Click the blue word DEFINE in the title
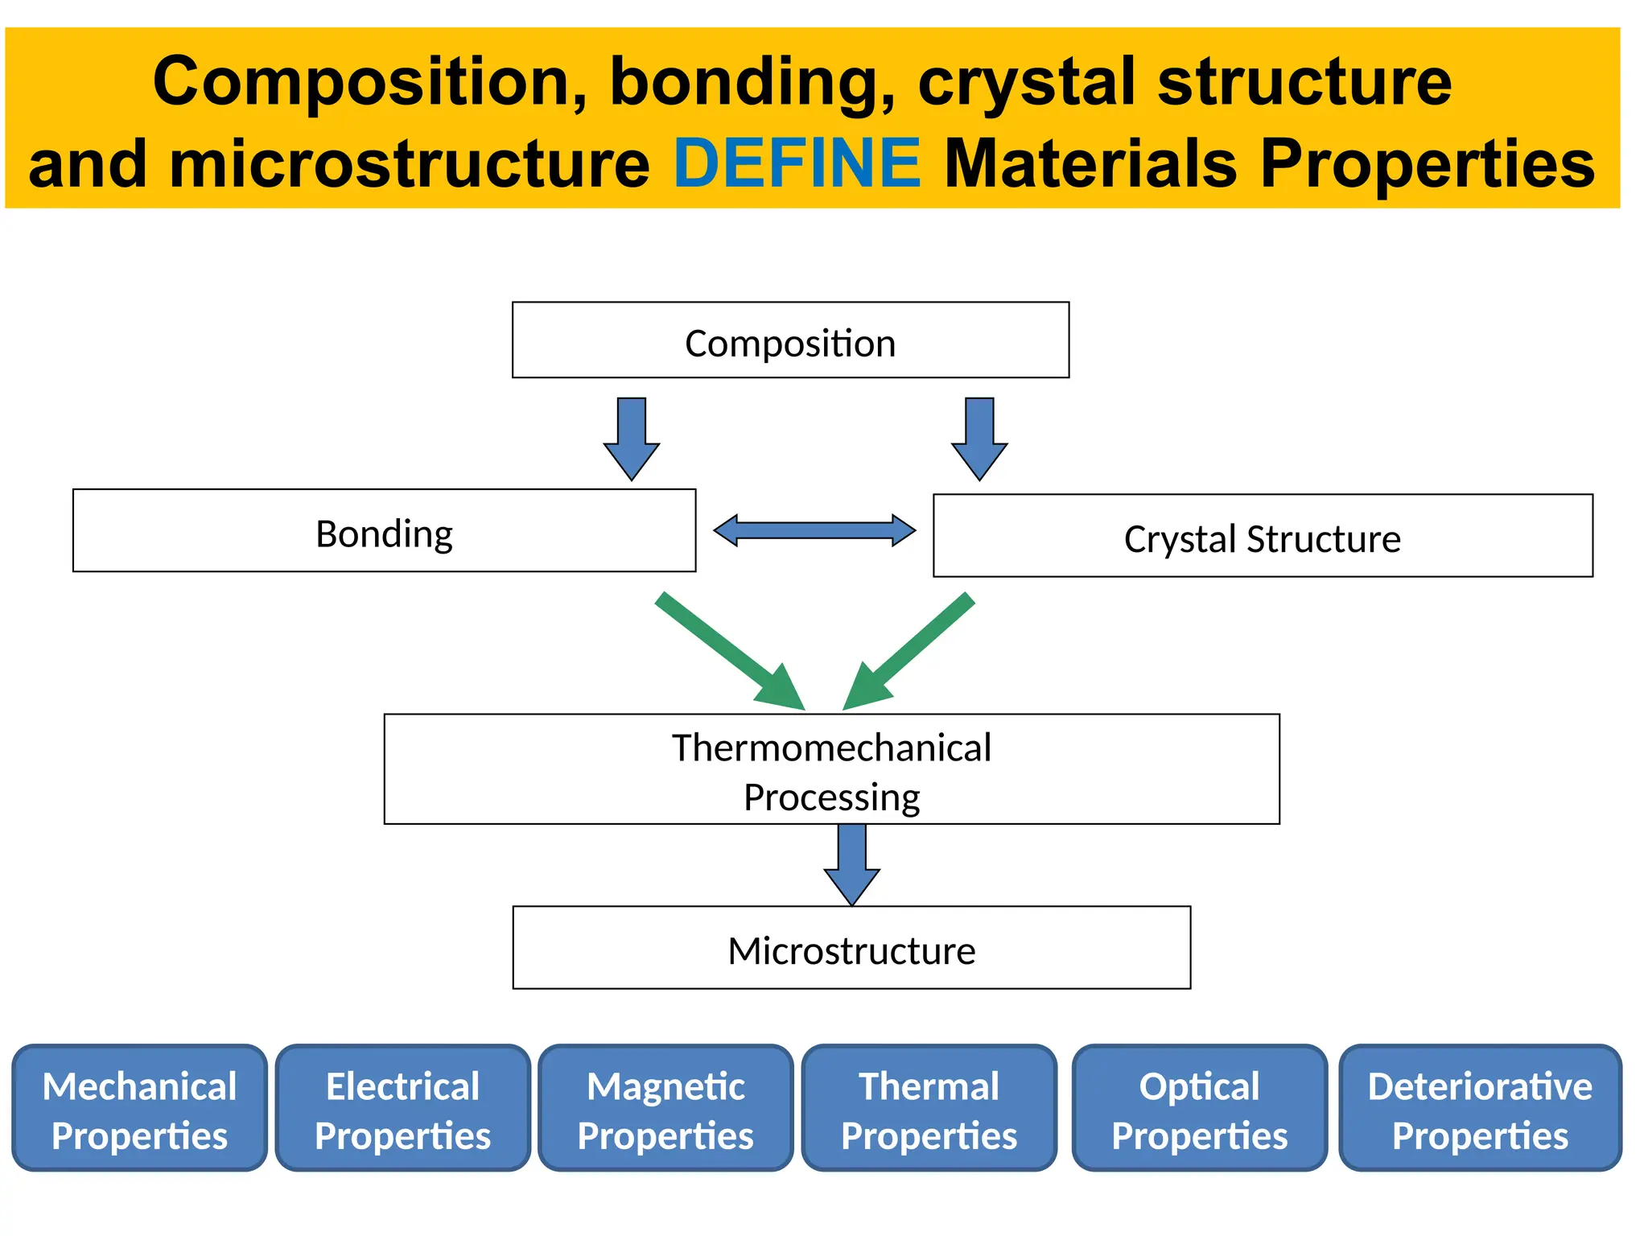tap(797, 163)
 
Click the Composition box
tap(790, 340)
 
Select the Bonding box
tap(384, 531)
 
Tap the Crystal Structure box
tap(1262, 536)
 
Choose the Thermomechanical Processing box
tap(831, 769)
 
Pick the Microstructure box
tap(851, 948)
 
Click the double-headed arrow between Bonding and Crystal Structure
tap(814, 530)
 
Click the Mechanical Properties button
tap(139, 1109)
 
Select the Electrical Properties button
tap(402, 1109)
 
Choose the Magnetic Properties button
tap(665, 1109)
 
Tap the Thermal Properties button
tap(929, 1109)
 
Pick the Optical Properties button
tap(1199, 1109)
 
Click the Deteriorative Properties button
tap(1480, 1109)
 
